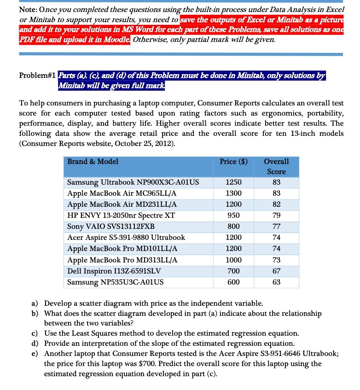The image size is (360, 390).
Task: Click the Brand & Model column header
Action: click(x=93, y=161)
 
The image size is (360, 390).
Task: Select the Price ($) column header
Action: click(x=233, y=161)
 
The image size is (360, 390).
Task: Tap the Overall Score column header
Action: click(x=276, y=166)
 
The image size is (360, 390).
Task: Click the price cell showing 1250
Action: click(x=233, y=182)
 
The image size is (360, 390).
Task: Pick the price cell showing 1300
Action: click(x=233, y=193)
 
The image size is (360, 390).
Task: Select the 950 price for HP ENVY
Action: click(x=233, y=215)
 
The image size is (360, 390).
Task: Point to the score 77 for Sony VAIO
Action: click(x=276, y=226)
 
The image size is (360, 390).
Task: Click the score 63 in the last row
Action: click(x=276, y=281)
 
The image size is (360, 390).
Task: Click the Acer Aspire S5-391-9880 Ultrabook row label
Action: click(x=126, y=237)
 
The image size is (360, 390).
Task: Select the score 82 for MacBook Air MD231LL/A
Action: click(x=276, y=204)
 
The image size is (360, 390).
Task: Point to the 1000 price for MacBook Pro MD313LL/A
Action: click(x=233, y=259)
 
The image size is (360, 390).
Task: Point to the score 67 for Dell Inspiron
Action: click(x=276, y=270)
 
